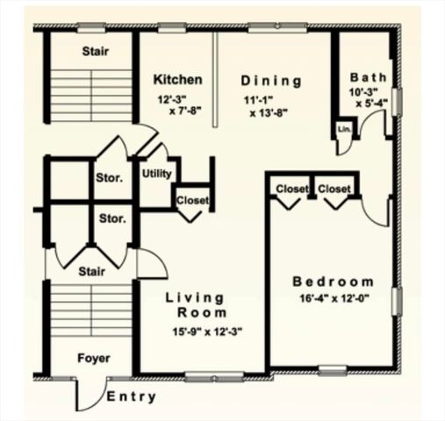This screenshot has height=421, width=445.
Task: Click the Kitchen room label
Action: [x=178, y=80]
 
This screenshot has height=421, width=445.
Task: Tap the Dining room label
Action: [x=271, y=82]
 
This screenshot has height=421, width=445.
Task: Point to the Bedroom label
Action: [x=333, y=282]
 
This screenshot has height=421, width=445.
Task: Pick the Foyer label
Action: [x=94, y=358]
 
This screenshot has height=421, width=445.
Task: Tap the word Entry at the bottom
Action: [x=132, y=397]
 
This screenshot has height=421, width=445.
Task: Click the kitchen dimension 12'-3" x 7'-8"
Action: [x=178, y=105]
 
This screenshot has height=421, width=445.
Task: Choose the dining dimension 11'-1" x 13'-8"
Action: [x=271, y=106]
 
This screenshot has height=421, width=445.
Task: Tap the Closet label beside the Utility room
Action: [x=192, y=200]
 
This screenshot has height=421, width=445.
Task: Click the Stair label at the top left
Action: [x=95, y=52]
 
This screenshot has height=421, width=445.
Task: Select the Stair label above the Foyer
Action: [x=91, y=271]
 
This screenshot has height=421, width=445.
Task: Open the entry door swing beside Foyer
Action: [x=90, y=396]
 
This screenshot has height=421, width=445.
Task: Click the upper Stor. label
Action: [x=109, y=179]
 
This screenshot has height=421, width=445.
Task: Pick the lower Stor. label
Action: [x=111, y=218]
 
